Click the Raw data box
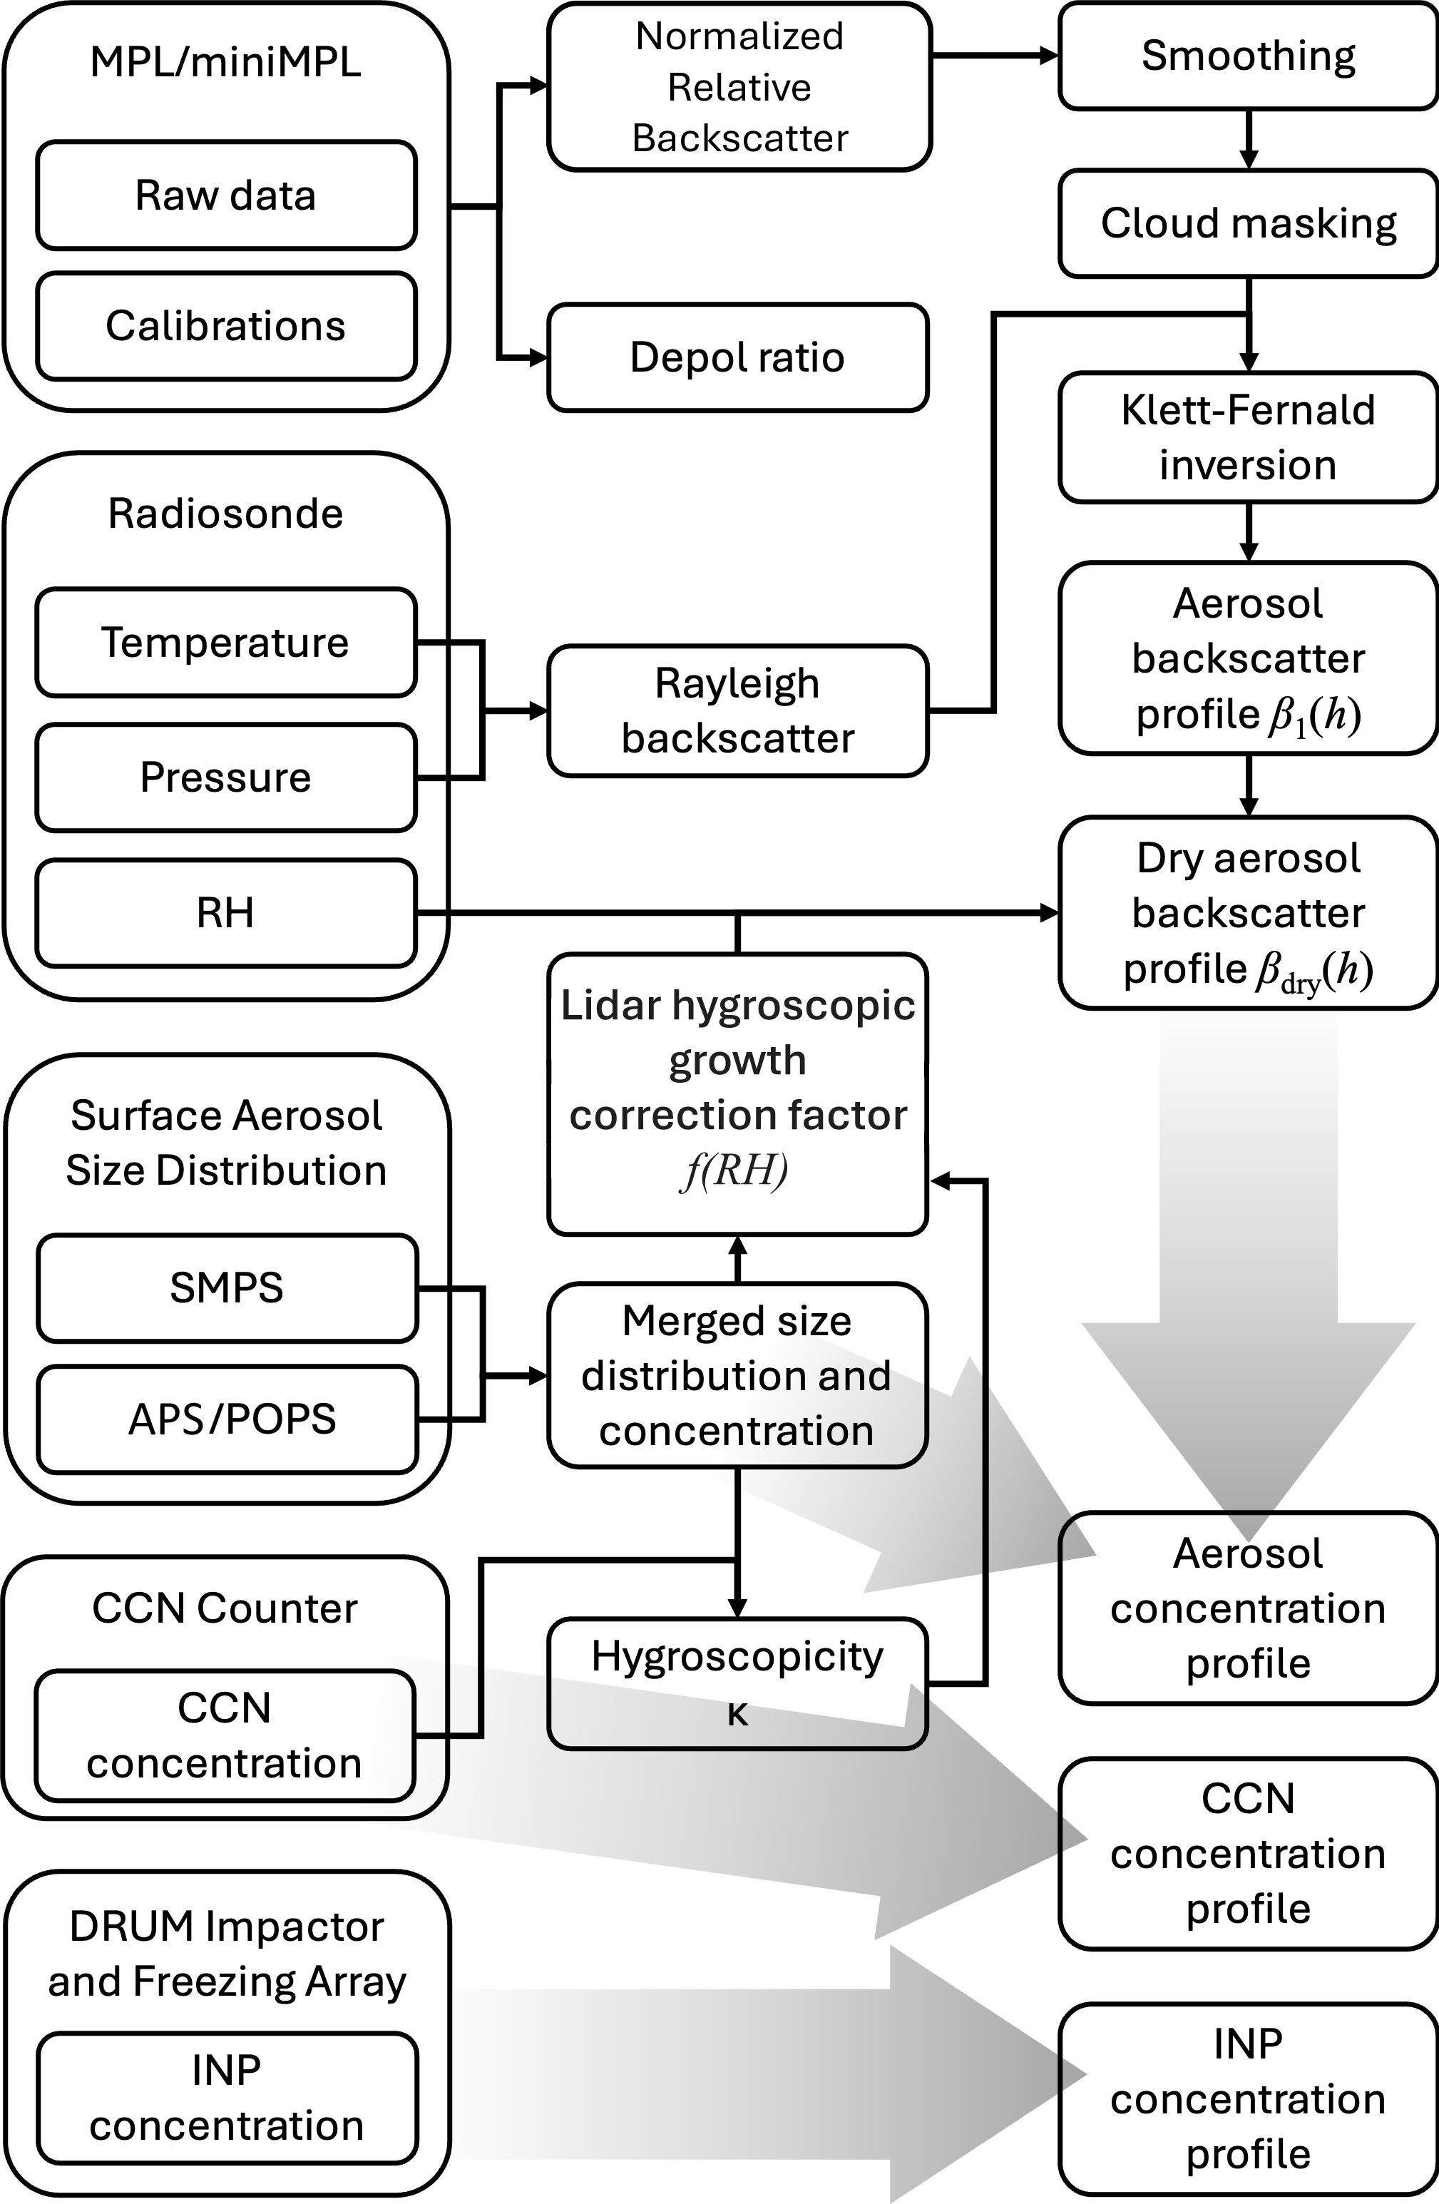226,195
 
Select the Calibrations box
226,326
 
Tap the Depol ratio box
737,357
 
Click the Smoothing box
1247,56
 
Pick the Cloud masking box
1247,223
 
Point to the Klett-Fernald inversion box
1247,437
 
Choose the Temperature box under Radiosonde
226,642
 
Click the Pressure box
226,777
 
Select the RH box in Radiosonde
226,913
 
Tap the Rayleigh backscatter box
737,710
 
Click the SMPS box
227,1287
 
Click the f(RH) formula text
736,1170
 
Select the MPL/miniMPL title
226,62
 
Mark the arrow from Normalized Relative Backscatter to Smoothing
995,56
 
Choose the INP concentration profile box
1247,2098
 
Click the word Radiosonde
226,513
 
